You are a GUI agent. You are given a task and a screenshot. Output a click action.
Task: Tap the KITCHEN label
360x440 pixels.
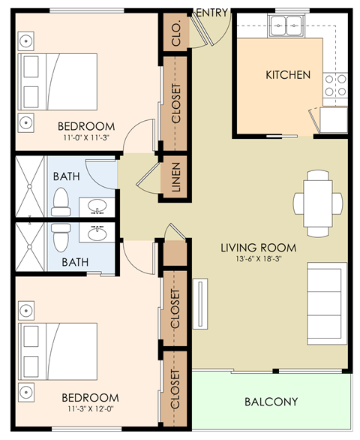coord(288,75)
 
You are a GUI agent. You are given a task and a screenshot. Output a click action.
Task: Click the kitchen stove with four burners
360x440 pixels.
coord(335,86)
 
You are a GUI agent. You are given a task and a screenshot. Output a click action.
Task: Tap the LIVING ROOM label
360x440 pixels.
coord(258,247)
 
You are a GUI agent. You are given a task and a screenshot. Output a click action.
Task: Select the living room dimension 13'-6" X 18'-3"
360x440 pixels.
coord(258,260)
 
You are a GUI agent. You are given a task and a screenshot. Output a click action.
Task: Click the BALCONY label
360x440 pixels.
coord(271,401)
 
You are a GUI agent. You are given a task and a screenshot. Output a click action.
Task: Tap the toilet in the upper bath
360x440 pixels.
coord(61,200)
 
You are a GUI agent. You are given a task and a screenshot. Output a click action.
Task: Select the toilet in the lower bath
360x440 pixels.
coord(61,237)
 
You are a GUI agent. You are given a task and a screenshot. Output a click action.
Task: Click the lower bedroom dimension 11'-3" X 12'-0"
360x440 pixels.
coord(89,409)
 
